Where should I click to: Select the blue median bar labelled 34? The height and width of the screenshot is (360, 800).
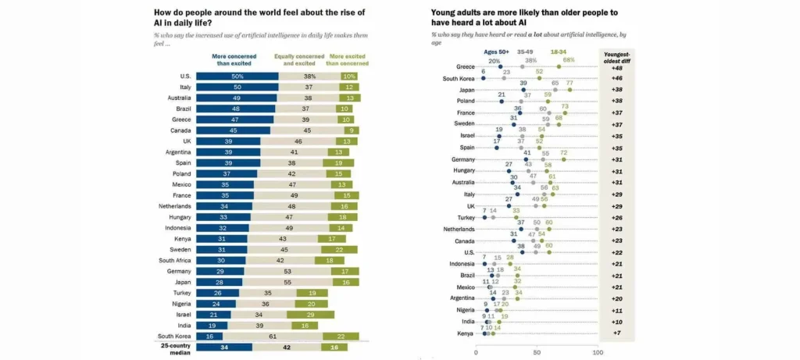point(224,347)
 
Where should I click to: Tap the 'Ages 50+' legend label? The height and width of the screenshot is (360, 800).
point(496,52)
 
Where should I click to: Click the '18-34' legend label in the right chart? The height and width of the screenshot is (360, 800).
point(559,52)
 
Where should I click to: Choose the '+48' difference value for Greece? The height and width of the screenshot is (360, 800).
point(616,67)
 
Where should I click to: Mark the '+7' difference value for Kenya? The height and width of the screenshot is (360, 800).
point(616,333)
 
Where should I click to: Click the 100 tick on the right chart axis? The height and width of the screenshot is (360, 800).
point(597,353)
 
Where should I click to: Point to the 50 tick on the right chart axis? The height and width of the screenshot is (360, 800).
point(536,353)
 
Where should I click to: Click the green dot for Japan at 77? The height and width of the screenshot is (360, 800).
point(570,90)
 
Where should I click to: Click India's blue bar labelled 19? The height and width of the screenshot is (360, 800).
point(212,325)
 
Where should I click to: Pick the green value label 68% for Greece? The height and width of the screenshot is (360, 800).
point(569,60)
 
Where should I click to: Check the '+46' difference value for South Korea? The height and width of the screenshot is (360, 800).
point(616,78)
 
